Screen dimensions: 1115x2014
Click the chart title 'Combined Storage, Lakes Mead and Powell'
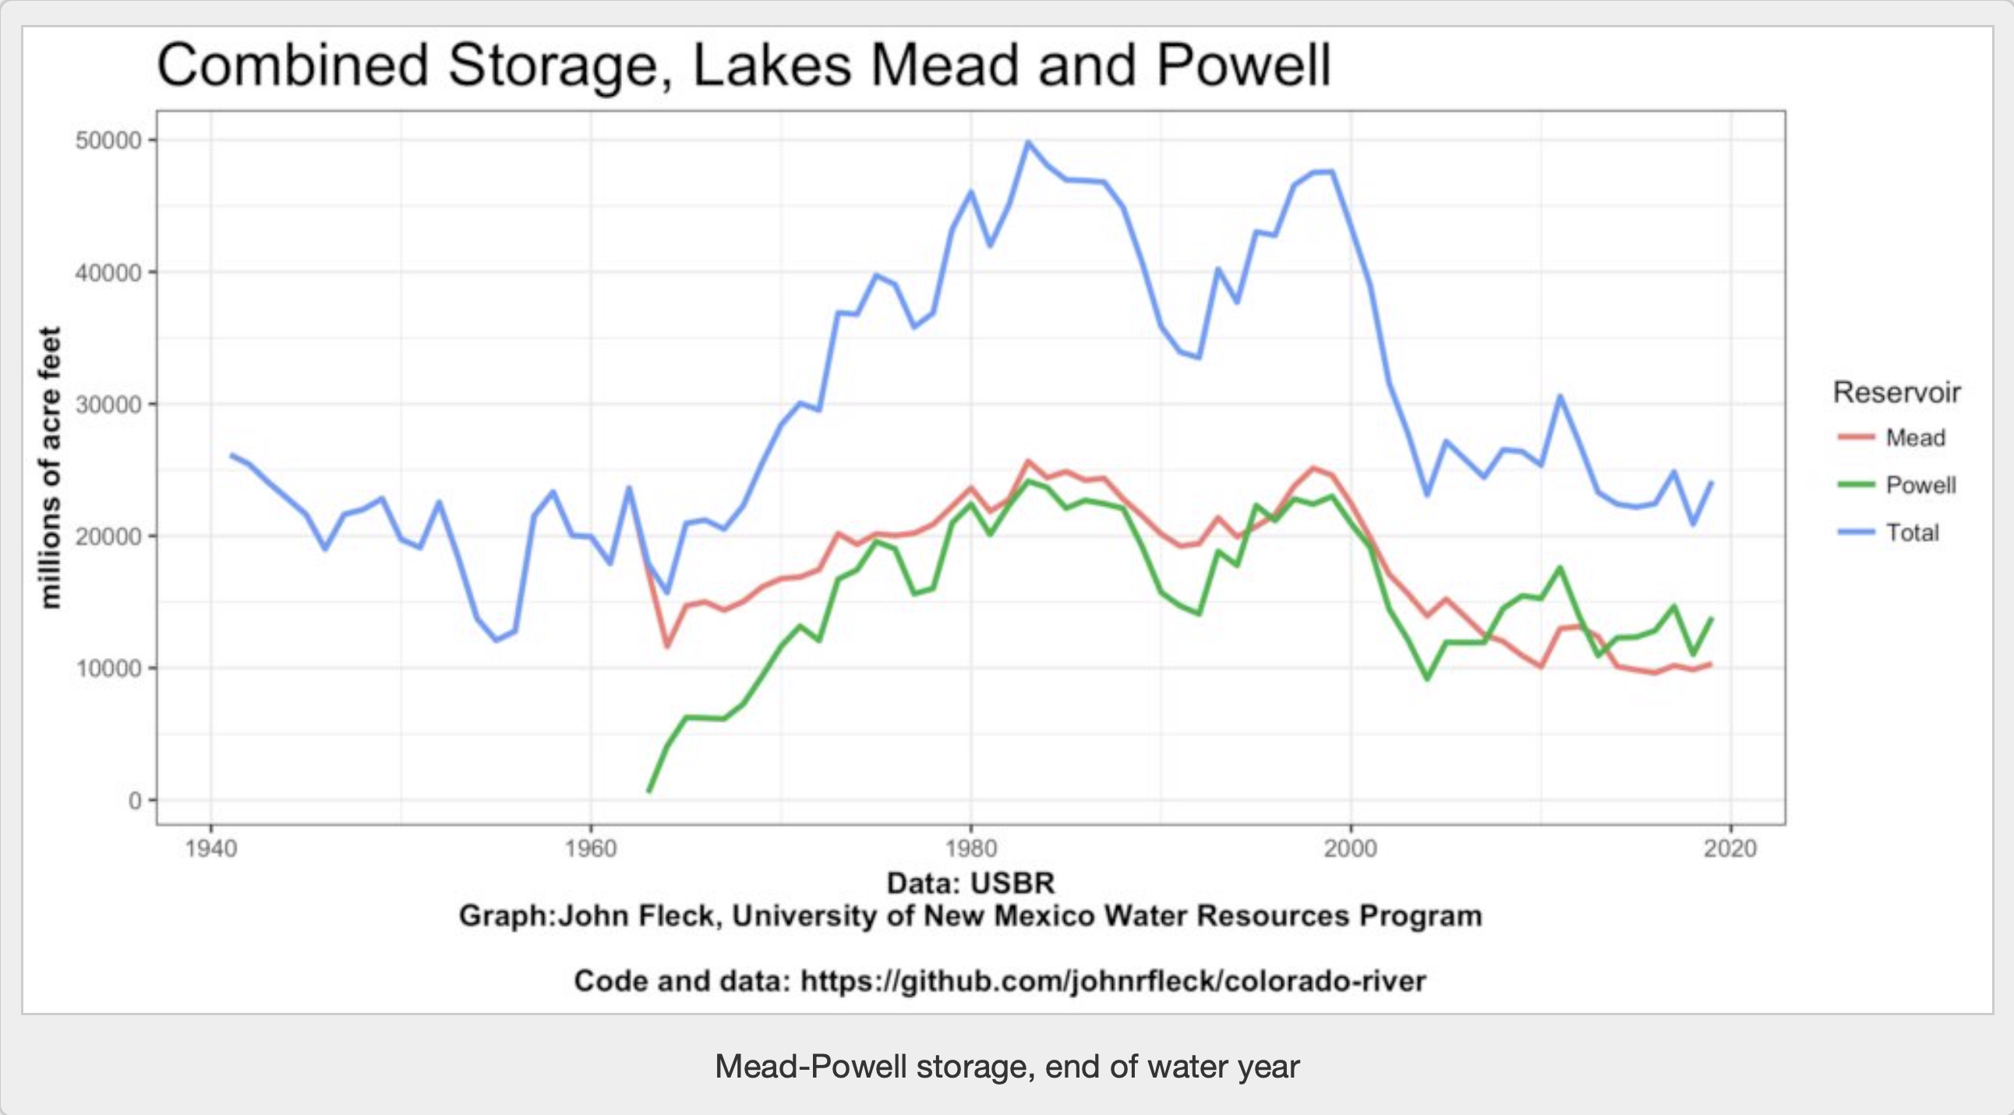(743, 65)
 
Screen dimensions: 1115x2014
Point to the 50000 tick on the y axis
(108, 141)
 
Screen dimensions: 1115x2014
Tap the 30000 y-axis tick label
(108, 405)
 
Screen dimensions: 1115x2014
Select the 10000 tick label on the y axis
(108, 668)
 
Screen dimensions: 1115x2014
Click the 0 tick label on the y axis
(135, 801)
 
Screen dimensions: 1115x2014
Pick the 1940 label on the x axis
(211, 848)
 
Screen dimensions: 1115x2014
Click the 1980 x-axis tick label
(970, 848)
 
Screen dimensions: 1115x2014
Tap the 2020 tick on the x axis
(1730, 848)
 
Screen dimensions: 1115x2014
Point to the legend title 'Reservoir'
(1897, 391)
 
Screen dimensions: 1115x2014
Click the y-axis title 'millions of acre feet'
(50, 468)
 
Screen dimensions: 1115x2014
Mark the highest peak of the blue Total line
(1028, 143)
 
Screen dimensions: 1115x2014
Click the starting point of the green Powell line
(648, 791)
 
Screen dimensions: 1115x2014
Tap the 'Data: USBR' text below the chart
(970, 883)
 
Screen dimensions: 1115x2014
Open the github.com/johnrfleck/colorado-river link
(1113, 981)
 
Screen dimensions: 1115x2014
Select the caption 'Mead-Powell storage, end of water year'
(1007, 1067)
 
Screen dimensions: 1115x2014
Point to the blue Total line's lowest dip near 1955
(496, 640)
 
